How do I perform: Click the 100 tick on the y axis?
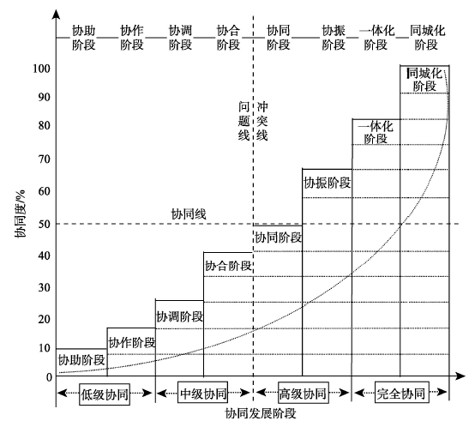coord(41,69)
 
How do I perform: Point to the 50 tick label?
coord(45,224)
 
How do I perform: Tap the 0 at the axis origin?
coord(49,377)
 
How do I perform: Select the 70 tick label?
coord(45,159)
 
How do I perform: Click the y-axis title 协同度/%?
coord(21,213)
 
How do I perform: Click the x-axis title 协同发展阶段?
coord(260,413)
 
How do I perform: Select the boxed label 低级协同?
coord(105,394)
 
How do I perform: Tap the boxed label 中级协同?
coord(202,393)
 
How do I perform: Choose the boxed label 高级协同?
coord(304,393)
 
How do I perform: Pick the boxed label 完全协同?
coord(401,393)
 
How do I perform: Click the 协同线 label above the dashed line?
coord(189,214)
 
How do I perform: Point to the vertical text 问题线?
coord(244,121)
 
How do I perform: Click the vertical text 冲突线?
coord(262,121)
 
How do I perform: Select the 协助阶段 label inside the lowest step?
coord(81,360)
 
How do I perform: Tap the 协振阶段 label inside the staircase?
coord(328,183)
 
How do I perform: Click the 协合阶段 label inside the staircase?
coord(228,266)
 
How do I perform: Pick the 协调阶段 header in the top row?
coord(180,38)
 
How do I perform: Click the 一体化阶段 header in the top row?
coord(377,38)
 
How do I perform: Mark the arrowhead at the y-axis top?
coord(56,14)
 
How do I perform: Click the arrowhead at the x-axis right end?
coord(460,376)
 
